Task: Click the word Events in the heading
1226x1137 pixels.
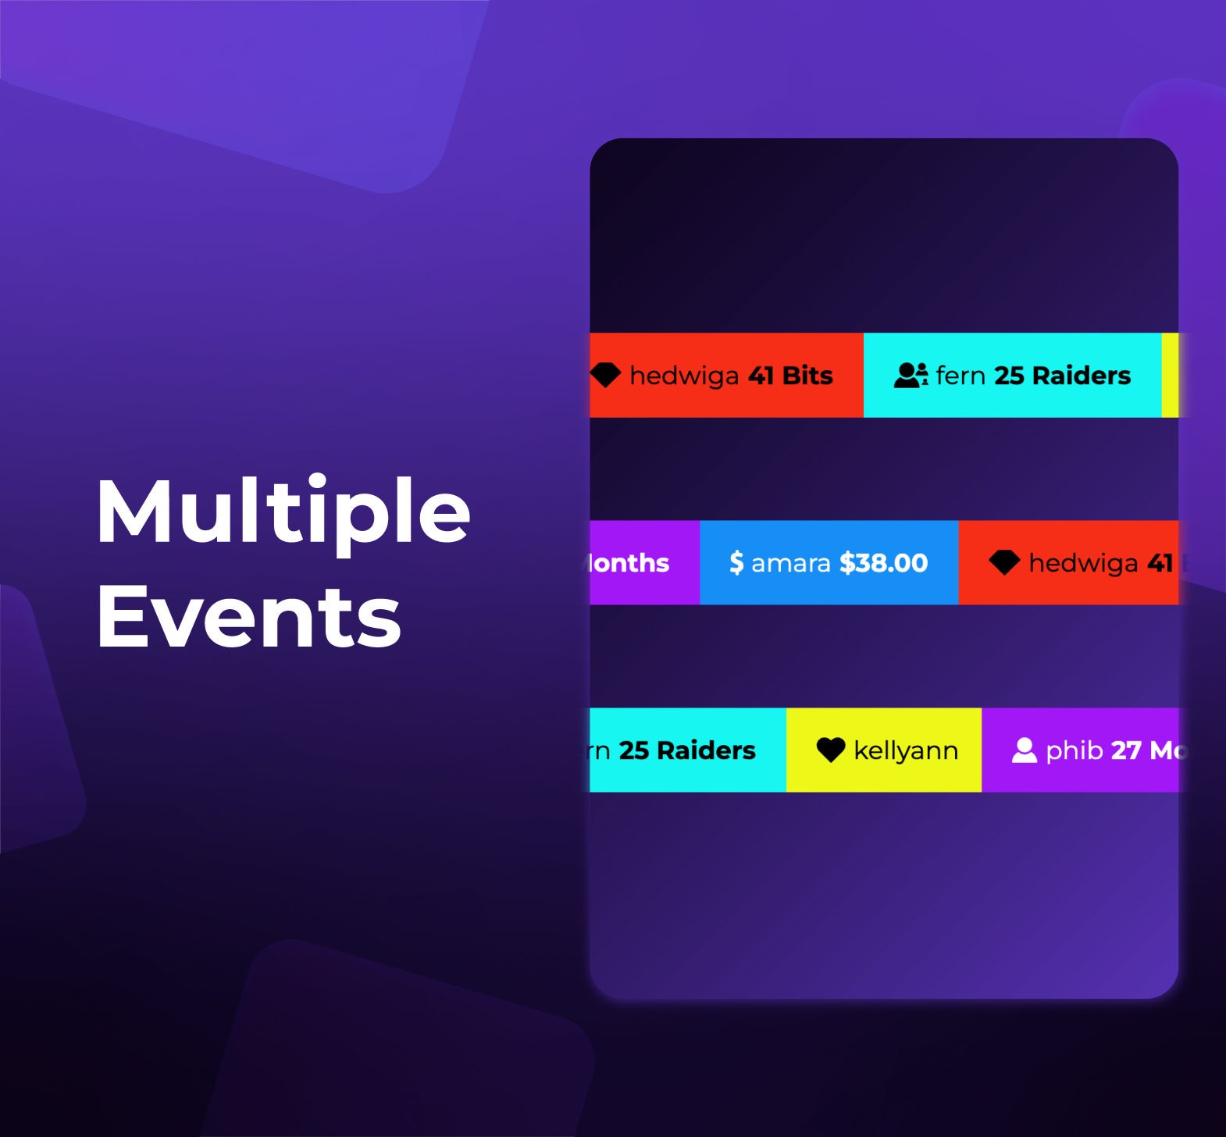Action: click(248, 618)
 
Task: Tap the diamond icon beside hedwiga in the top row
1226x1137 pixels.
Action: click(605, 376)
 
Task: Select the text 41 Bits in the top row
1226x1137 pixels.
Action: click(790, 376)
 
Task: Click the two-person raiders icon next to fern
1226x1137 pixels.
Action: click(911, 376)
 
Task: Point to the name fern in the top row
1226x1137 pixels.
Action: click(960, 376)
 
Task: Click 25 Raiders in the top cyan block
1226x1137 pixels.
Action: click(1062, 376)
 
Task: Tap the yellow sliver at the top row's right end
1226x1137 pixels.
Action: click(1170, 376)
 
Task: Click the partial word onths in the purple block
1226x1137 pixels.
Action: click(629, 563)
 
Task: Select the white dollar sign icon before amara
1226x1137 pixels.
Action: click(736, 563)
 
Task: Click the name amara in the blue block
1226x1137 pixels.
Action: click(790, 563)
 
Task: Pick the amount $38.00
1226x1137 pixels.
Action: click(883, 563)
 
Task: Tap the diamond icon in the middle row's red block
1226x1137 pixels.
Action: click(1004, 562)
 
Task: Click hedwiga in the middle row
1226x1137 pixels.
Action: click(1083, 563)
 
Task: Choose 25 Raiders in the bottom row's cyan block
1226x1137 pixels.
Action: click(687, 750)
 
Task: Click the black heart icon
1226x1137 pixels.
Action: click(831, 750)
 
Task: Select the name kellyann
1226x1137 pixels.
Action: click(906, 750)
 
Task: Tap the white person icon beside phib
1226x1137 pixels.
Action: click(1024, 750)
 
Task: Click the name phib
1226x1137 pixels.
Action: click(1075, 751)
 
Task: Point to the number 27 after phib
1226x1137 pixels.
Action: click(1126, 750)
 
